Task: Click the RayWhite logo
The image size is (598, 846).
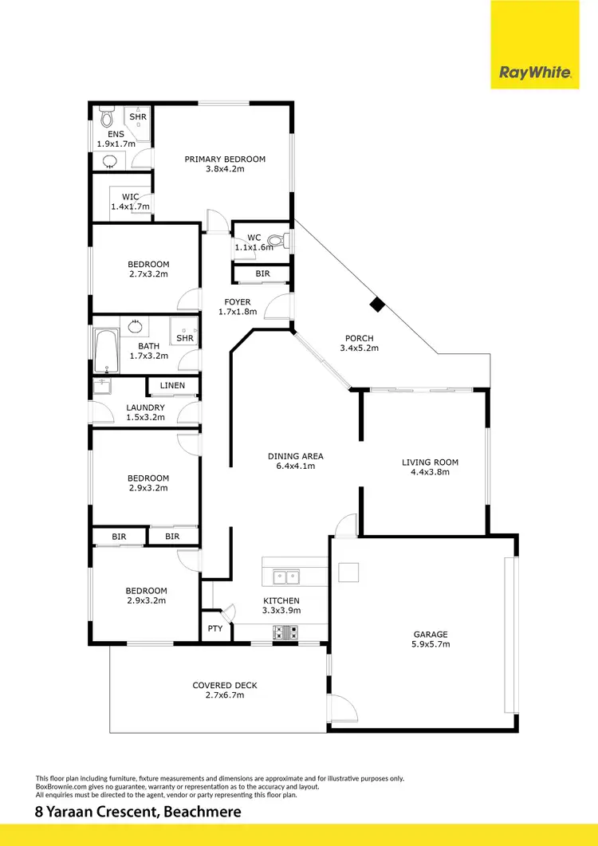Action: (x=535, y=73)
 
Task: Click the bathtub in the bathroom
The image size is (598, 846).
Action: (x=105, y=352)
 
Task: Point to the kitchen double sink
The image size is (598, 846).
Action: (x=283, y=576)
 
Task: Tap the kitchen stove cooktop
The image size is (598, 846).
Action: (x=285, y=632)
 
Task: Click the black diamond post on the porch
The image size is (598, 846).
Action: (x=377, y=304)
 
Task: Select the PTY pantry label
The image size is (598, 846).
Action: (x=214, y=629)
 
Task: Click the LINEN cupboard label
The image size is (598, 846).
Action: (x=172, y=386)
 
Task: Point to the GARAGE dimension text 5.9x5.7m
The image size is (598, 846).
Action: (x=431, y=644)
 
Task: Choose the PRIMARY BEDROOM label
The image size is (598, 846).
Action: (x=225, y=159)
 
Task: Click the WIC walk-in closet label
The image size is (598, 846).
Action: (x=130, y=197)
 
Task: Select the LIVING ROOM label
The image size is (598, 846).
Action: (x=430, y=462)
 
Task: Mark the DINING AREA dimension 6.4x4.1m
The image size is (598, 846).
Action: (x=295, y=466)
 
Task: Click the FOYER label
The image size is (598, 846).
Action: (x=238, y=302)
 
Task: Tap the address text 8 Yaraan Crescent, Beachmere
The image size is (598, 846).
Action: (x=138, y=813)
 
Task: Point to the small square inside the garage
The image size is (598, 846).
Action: (x=348, y=572)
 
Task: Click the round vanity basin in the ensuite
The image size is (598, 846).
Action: (x=109, y=162)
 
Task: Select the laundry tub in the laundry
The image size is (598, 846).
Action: (x=100, y=388)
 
